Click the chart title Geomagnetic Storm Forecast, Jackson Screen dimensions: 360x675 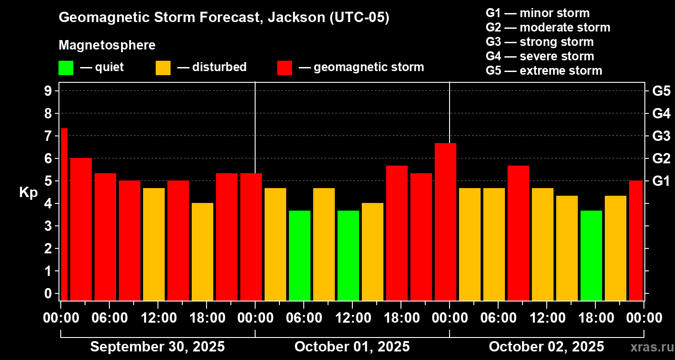pyautogui.click(x=224, y=18)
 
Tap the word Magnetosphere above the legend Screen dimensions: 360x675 pyautogui.click(x=107, y=45)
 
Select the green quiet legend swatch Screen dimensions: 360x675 pyautogui.click(x=66, y=67)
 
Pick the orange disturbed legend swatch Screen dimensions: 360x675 pyautogui.click(x=163, y=67)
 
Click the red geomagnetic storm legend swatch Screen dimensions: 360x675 pyautogui.click(x=285, y=67)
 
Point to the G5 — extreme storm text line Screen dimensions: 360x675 pyautogui.click(x=544, y=71)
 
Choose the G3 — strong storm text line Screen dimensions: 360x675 pyautogui.click(x=540, y=42)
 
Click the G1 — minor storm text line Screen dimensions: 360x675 pyautogui.click(x=537, y=13)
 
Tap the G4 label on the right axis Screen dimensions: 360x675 pyautogui.click(x=661, y=113)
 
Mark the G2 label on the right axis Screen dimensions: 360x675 pyautogui.click(x=661, y=158)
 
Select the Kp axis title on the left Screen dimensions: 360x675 pyautogui.click(x=28, y=193)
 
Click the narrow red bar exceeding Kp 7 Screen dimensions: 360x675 pyautogui.click(x=64, y=214)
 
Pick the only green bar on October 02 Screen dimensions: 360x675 pyautogui.click(x=591, y=255)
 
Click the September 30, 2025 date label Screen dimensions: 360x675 pyautogui.click(x=157, y=347)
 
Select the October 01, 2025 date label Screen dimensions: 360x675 pyautogui.click(x=352, y=347)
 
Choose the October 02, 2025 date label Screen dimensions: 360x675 pyautogui.click(x=546, y=347)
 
